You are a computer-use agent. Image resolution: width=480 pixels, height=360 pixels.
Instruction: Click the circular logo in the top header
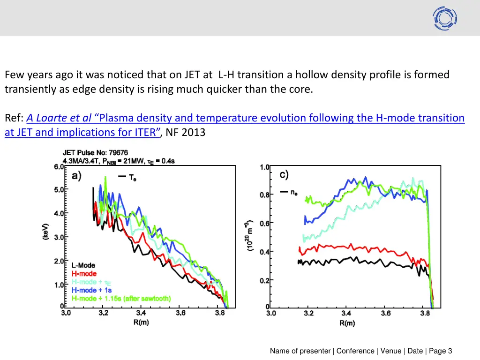click(445, 18)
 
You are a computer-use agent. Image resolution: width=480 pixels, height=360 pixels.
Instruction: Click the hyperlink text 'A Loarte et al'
click(59, 118)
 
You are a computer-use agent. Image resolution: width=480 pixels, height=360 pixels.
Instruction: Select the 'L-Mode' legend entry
click(83, 265)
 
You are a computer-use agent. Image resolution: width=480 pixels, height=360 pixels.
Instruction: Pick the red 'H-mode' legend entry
click(84, 274)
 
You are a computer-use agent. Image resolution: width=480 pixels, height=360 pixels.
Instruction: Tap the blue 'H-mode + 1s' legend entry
click(91, 290)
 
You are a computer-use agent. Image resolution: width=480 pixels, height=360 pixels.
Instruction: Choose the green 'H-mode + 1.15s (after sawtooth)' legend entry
click(121, 299)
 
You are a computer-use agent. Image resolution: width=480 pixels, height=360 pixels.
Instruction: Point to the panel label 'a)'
click(76, 176)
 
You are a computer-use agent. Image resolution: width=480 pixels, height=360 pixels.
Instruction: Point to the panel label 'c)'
click(284, 175)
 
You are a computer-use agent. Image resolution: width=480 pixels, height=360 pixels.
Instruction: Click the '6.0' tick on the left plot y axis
click(58, 166)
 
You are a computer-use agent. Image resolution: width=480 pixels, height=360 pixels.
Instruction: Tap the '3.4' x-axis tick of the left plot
click(141, 313)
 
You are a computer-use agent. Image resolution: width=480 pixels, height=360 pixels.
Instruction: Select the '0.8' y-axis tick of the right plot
click(265, 195)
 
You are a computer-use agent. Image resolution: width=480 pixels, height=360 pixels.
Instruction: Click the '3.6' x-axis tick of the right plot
click(385, 313)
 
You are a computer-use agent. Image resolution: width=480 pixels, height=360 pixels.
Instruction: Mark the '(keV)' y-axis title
click(46, 232)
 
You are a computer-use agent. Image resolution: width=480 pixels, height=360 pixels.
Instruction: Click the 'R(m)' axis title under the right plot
click(347, 323)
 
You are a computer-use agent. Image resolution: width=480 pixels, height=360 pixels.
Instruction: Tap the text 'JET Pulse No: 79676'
click(95, 153)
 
